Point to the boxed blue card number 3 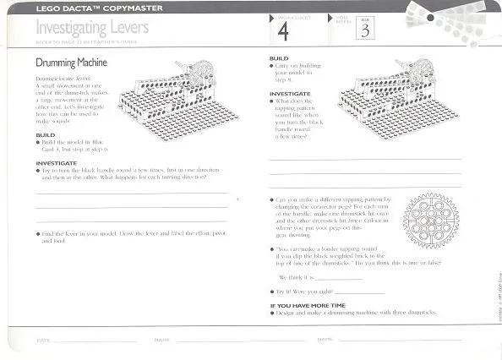[365, 31]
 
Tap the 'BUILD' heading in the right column [279, 58]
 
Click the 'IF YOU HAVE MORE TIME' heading [308, 305]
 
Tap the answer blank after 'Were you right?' [358, 292]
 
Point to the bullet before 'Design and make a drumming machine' [272, 313]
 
